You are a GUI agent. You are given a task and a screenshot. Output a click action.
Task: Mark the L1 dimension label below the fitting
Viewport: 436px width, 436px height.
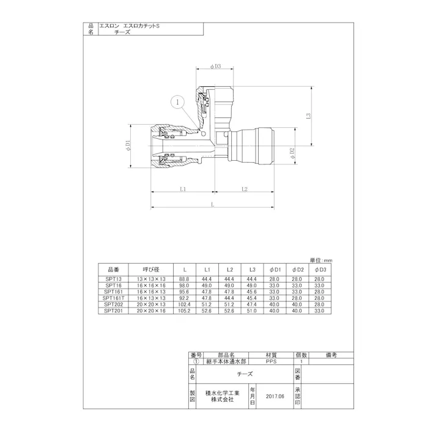pyautogui.click(x=183, y=189)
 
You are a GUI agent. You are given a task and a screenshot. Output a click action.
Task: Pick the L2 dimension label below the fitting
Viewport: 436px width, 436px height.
pyautogui.click(x=244, y=189)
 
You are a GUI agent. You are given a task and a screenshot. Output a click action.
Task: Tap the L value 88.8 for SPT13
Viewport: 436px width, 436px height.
pyautogui.click(x=184, y=279)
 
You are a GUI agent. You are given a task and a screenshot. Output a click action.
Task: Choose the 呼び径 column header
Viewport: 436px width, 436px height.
pyautogui.click(x=150, y=269)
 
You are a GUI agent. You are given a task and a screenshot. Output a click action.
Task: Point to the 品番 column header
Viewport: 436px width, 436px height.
pyautogui.click(x=113, y=269)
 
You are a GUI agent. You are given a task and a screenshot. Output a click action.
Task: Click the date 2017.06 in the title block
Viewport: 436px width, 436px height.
pyautogui.click(x=276, y=397)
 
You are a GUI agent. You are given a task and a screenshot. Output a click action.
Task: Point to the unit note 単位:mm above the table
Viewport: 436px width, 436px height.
pyautogui.click(x=321, y=260)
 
